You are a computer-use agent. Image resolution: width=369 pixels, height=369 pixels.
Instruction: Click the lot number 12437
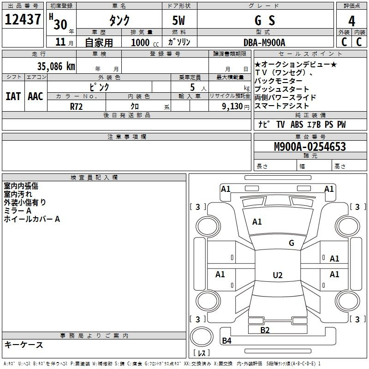click(23, 19)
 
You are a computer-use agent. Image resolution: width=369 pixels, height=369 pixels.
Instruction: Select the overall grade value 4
click(351, 21)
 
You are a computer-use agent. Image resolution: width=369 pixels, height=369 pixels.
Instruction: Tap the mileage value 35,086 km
click(56, 66)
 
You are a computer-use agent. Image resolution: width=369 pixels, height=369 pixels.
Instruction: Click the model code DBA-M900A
click(264, 42)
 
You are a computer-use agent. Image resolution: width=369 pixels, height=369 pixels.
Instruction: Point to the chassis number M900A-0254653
click(310, 147)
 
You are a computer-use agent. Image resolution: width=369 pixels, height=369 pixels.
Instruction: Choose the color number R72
click(76, 107)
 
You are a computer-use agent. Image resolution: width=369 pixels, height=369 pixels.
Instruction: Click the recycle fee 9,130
click(232, 107)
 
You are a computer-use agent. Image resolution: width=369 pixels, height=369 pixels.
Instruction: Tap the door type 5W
click(179, 20)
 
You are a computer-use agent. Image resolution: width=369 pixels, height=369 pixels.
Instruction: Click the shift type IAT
click(13, 96)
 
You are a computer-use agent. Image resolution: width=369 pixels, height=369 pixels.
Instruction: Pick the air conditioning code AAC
click(36, 96)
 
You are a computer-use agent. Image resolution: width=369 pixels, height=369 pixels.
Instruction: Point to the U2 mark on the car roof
click(278, 275)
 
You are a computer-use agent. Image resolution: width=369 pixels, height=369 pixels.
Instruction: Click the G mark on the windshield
click(292, 243)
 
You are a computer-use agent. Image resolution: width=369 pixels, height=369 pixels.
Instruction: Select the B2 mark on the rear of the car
click(265, 330)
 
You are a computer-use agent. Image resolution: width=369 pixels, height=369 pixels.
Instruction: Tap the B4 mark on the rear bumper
click(226, 340)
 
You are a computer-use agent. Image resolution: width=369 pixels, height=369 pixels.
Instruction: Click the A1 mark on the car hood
click(257, 222)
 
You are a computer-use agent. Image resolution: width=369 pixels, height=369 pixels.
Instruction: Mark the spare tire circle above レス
click(202, 337)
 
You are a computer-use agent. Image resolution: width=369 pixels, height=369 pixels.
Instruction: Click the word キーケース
click(24, 345)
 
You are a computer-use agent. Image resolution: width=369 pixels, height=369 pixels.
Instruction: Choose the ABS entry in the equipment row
click(297, 125)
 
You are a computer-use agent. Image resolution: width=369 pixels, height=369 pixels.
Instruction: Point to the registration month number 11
click(60, 42)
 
